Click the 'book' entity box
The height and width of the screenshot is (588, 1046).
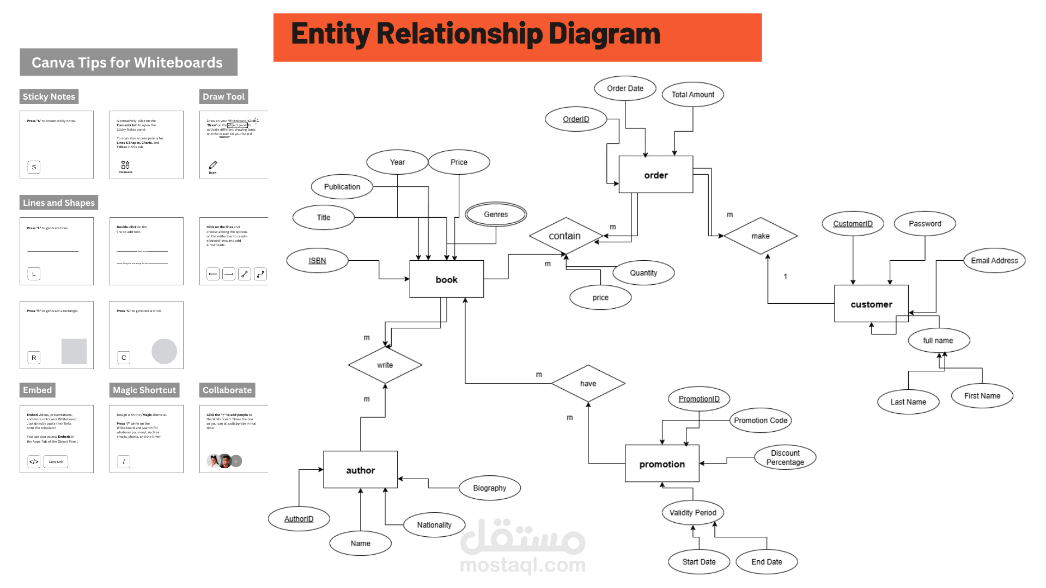446,279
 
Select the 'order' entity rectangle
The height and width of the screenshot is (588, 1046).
655,175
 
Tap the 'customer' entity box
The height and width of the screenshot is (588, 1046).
871,304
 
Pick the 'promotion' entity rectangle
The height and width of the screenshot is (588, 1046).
662,464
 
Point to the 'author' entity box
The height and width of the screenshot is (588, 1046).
360,470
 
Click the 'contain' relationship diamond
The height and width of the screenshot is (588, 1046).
565,236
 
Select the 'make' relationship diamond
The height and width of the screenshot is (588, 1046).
761,236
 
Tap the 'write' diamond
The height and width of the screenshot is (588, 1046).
385,365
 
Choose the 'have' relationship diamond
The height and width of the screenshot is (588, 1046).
588,383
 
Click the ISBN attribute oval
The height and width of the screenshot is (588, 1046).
317,260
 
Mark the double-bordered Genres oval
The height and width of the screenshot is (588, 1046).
496,215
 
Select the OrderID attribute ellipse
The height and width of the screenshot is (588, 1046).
576,119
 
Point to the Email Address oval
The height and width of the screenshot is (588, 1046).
994,260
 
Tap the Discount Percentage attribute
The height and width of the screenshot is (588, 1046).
785,457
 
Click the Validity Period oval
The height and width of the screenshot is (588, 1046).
692,512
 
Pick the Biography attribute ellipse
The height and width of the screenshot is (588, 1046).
489,488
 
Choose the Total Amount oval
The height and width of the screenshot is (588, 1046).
692,94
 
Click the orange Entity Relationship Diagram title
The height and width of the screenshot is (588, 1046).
517,37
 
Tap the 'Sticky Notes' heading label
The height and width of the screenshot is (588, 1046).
49,96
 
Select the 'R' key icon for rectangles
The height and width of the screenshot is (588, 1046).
34,358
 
